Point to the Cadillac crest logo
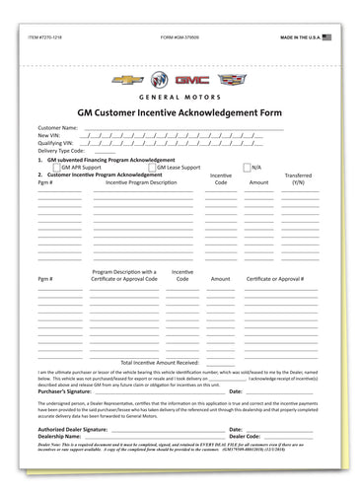click(x=231, y=78)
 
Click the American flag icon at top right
click(x=327, y=36)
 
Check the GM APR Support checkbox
click(x=55, y=168)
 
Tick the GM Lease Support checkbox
click(x=149, y=168)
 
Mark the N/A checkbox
click(x=247, y=168)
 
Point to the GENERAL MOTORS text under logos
click(x=180, y=98)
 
